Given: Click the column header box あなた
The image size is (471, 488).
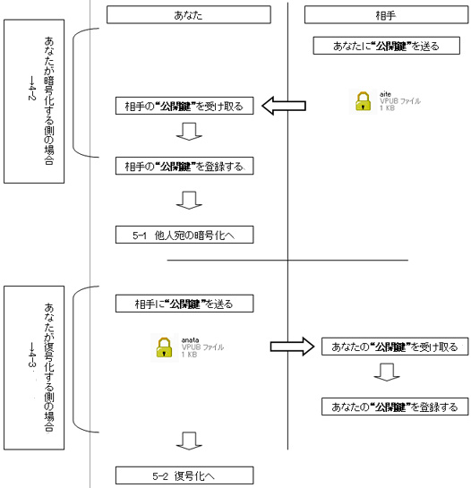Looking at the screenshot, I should pos(188,14).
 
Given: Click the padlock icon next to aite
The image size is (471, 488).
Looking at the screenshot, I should pos(362,101).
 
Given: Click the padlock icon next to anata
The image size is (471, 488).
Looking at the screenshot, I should pos(164,347).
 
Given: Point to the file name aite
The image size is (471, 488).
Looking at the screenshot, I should pos(384,93).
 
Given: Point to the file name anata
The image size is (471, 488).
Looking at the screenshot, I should pos(190,339).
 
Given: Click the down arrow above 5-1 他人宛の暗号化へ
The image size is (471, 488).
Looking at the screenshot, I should pos(187,201).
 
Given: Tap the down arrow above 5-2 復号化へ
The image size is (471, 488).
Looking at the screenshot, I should pos(187,441).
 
